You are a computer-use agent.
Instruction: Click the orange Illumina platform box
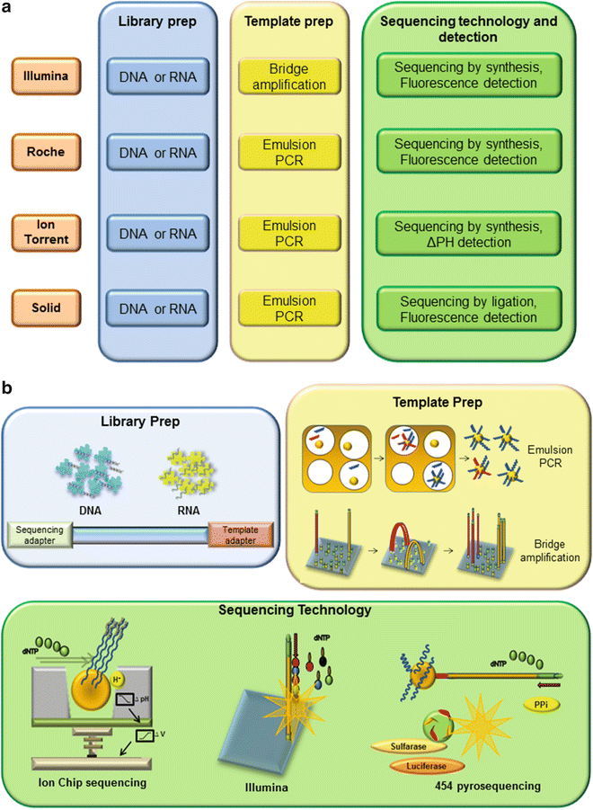[44, 76]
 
